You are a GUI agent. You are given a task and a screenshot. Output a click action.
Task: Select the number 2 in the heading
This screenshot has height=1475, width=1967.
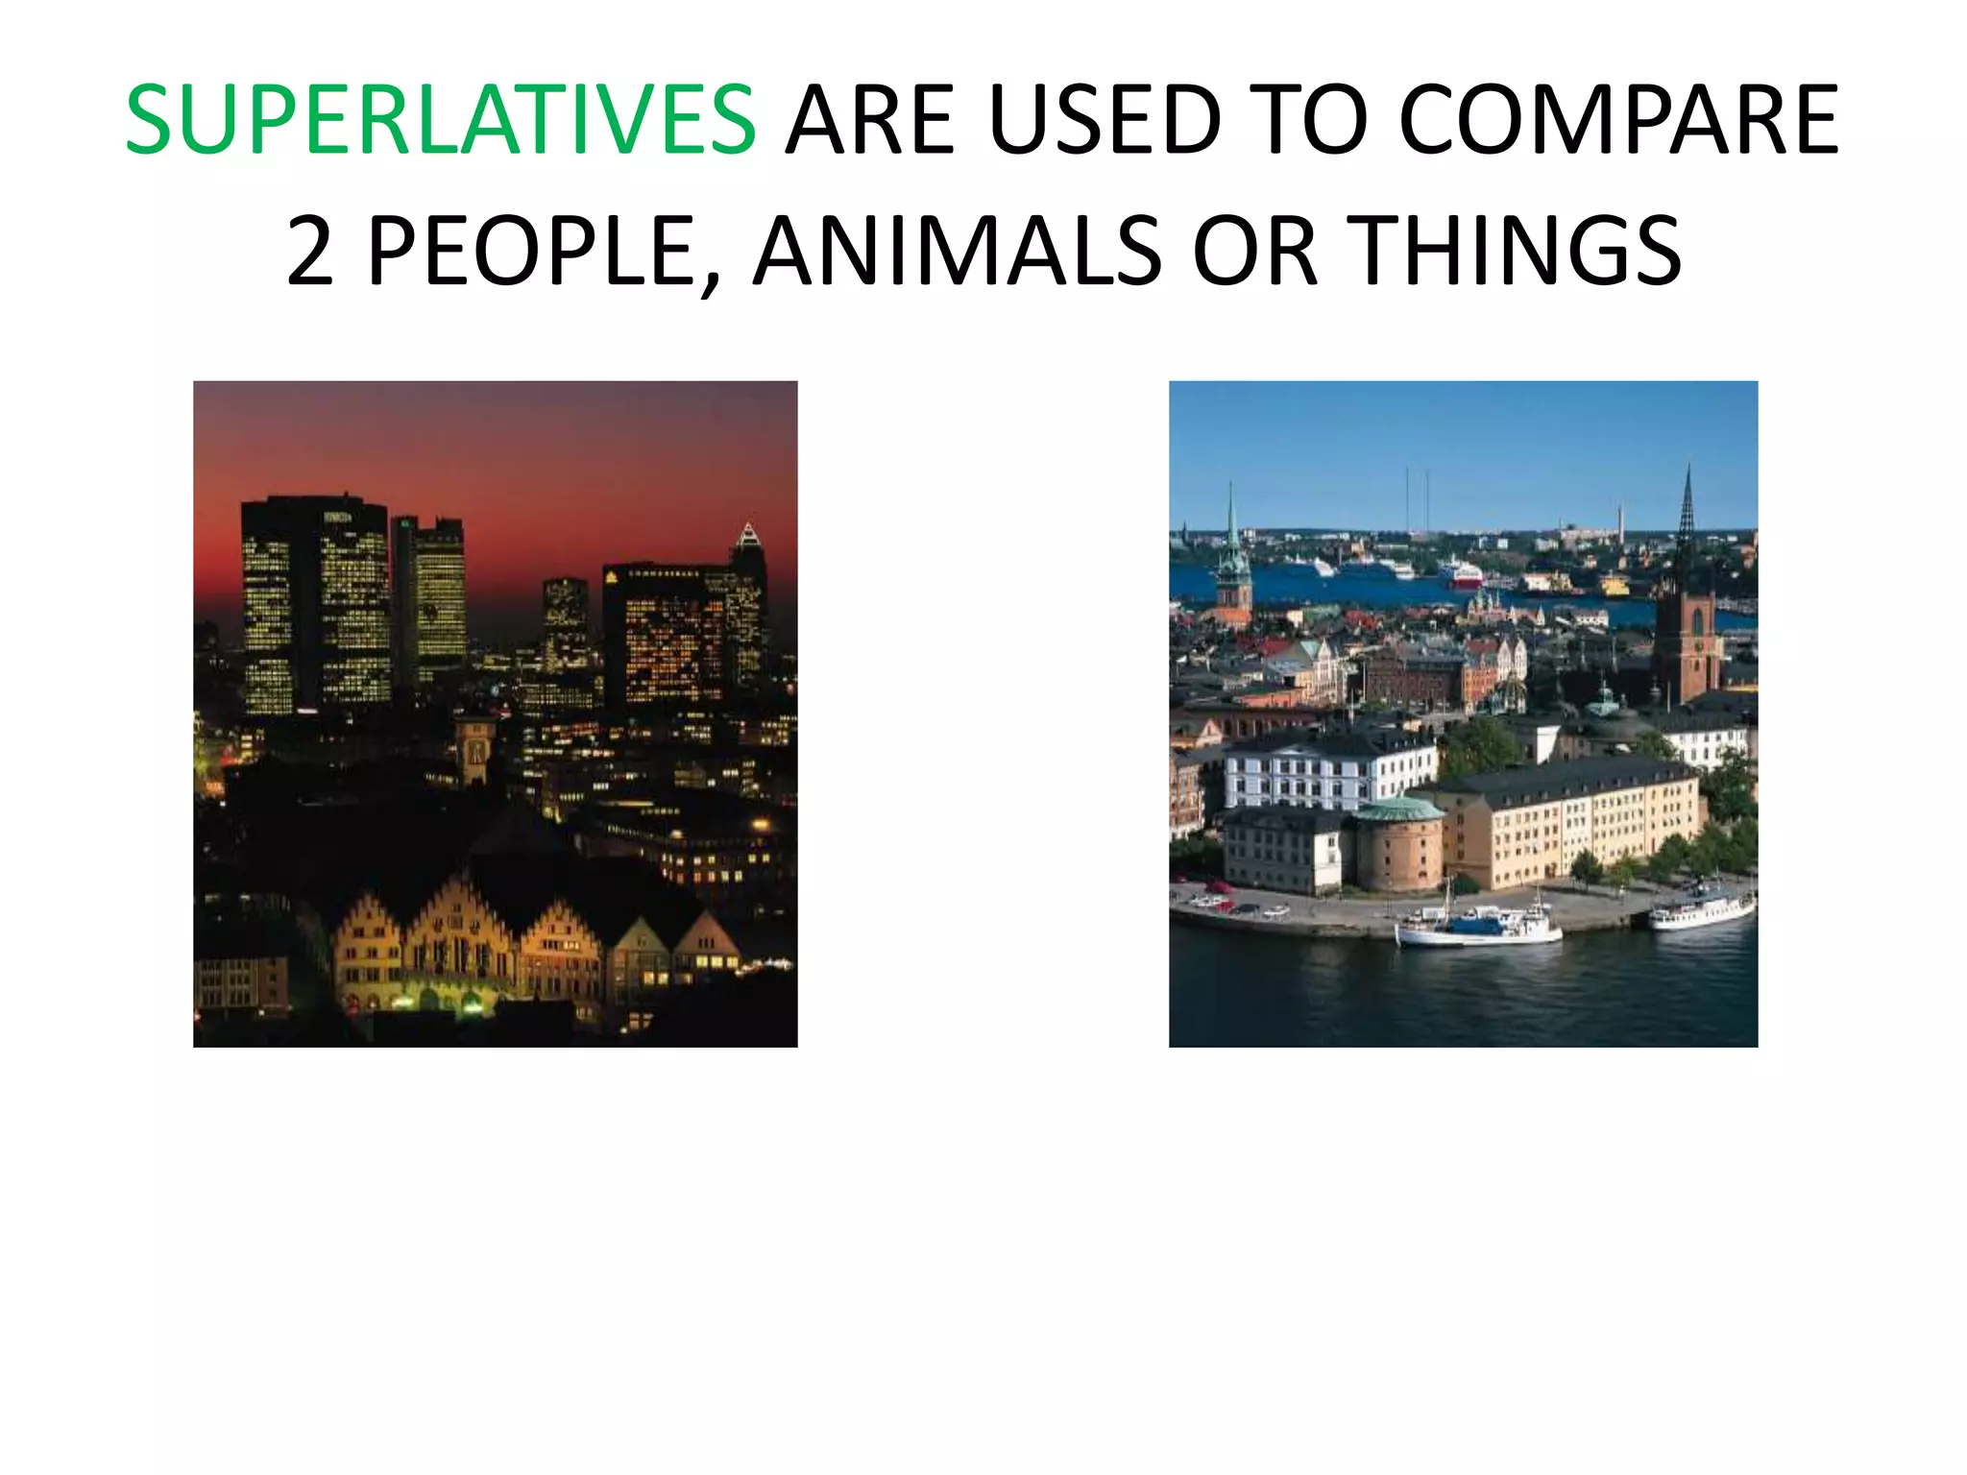point(310,251)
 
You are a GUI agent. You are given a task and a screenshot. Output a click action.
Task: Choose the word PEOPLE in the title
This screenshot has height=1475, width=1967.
point(531,251)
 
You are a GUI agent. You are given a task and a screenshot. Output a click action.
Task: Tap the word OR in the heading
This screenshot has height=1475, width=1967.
point(1254,251)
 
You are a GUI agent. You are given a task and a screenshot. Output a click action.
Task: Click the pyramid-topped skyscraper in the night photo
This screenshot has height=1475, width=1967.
point(748,586)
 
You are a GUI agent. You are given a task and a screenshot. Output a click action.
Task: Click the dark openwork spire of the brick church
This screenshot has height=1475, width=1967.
point(1687,519)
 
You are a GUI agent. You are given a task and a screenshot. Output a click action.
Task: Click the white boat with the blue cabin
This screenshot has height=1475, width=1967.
point(1479,926)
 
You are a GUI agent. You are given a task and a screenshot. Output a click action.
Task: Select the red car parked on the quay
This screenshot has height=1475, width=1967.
point(1220,886)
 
